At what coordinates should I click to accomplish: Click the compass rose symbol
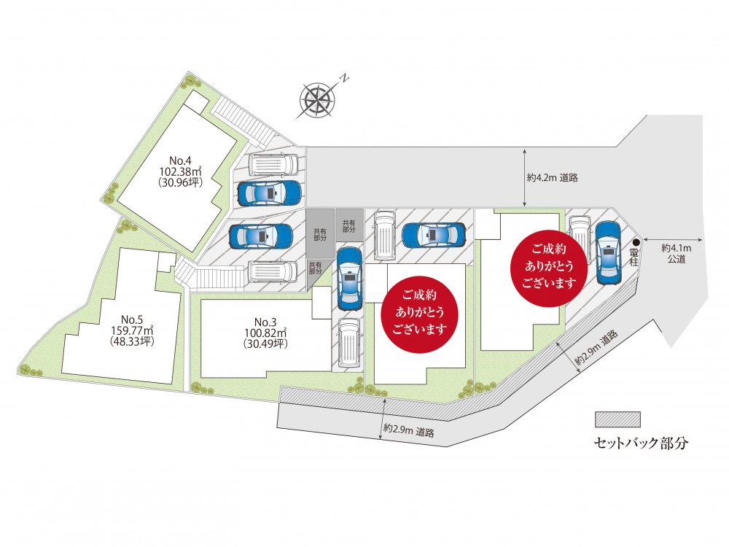317,99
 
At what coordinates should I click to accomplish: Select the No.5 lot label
131,319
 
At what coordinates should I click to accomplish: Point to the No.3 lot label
265,322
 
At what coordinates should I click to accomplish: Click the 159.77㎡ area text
131,330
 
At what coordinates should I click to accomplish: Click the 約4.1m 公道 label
676,253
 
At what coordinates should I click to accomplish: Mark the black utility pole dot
636,242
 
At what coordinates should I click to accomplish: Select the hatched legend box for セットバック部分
617,419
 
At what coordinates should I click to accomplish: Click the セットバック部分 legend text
641,443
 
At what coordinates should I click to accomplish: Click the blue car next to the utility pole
607,252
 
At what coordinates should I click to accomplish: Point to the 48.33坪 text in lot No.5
131,341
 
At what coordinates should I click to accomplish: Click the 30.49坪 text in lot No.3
265,344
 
